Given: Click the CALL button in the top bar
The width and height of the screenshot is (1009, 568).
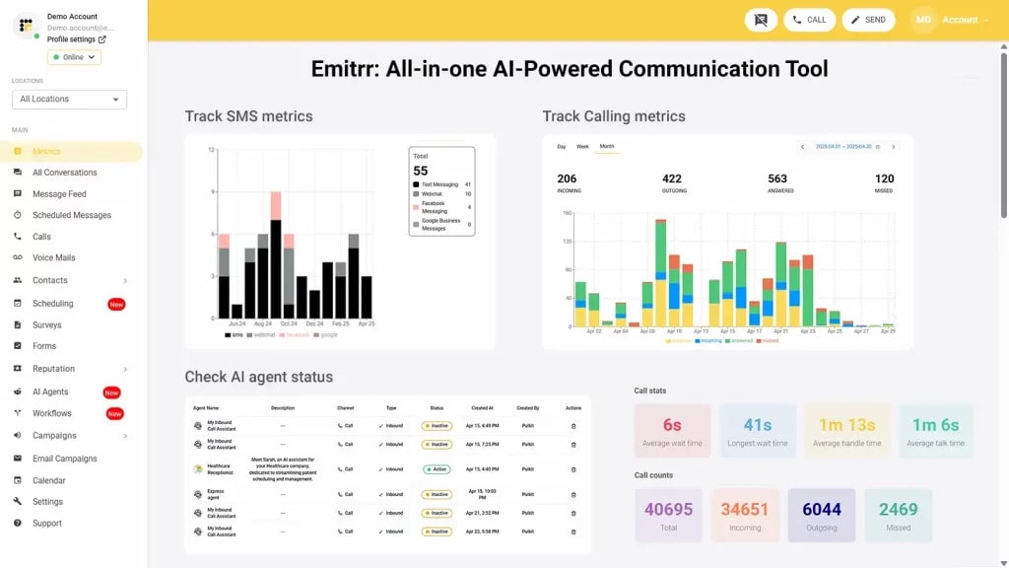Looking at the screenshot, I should pyautogui.click(x=809, y=20).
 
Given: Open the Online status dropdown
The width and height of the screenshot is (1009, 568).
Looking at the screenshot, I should pyautogui.click(x=74, y=57).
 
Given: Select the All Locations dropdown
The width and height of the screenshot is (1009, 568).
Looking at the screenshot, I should pyautogui.click(x=69, y=100).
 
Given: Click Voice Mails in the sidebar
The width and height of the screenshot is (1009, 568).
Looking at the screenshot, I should pyautogui.click(x=53, y=258).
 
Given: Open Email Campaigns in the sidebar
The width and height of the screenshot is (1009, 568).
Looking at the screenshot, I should pyautogui.click(x=64, y=459).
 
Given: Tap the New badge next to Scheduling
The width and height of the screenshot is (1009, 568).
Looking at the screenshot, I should pyautogui.click(x=116, y=305).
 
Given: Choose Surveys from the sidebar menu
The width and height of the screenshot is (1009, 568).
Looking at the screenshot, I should pyautogui.click(x=46, y=325).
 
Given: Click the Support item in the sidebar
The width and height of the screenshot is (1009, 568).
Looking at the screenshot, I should pyautogui.click(x=46, y=524).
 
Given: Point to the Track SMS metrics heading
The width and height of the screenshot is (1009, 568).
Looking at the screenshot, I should pyautogui.click(x=248, y=116).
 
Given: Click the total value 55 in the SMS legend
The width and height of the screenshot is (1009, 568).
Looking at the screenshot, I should pyautogui.click(x=421, y=171).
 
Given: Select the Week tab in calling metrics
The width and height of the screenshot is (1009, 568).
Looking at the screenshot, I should pyautogui.click(x=582, y=147).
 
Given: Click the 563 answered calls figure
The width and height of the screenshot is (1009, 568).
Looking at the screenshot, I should pyautogui.click(x=778, y=179).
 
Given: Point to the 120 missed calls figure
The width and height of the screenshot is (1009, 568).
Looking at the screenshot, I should pyautogui.click(x=884, y=179).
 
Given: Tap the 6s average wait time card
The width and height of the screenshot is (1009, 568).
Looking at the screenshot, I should pyautogui.click(x=672, y=431).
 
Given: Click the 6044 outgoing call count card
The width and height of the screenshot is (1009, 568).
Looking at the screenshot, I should pyautogui.click(x=822, y=515).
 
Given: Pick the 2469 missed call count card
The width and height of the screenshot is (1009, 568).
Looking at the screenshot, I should pyautogui.click(x=898, y=515).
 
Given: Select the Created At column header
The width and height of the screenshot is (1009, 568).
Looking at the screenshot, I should pyautogui.click(x=483, y=407).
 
